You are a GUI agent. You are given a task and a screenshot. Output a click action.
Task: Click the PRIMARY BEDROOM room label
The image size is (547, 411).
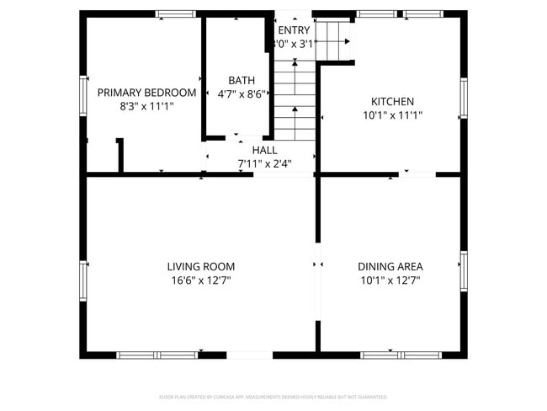146,93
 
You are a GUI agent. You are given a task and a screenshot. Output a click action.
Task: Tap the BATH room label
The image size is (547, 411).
242,81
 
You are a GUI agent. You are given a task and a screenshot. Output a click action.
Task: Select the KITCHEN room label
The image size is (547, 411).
392,101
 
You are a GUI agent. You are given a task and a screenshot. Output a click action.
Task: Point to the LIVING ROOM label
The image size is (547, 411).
200,267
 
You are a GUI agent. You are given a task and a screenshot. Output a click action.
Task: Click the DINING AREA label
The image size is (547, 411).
390,267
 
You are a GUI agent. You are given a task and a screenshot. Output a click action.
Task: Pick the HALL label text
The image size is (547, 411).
264,150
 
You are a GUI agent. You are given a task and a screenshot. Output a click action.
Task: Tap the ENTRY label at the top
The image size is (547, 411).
294,30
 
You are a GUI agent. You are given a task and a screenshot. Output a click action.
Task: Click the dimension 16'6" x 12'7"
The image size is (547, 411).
200,281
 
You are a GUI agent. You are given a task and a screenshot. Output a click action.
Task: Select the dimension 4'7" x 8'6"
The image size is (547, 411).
242,94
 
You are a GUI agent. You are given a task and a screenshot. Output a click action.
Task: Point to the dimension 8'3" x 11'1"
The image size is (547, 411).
146,107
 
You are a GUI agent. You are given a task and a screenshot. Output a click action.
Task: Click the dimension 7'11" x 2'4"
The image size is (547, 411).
264,163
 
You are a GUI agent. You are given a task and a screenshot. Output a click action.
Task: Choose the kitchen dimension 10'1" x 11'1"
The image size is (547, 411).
392,116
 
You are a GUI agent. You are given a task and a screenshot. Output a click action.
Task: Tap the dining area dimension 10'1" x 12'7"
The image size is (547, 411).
390,281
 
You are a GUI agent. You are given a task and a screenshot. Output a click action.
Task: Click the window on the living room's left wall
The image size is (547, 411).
83,279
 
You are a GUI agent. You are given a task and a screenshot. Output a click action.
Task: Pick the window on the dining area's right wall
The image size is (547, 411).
463,270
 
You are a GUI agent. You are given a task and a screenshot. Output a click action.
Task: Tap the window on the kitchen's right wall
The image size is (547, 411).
463,99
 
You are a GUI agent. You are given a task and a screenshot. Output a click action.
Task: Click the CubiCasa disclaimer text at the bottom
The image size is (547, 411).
273,396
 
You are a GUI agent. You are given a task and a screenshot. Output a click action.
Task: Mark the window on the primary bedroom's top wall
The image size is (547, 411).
175,13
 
